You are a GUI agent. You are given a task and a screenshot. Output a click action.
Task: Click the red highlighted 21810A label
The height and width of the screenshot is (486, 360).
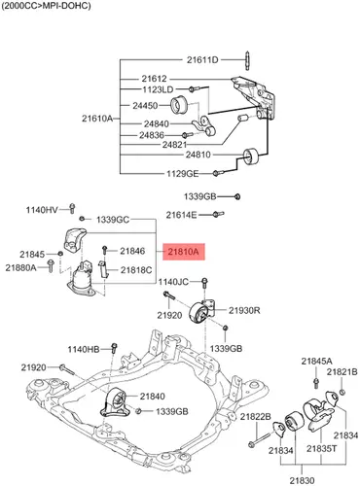pos(184,252)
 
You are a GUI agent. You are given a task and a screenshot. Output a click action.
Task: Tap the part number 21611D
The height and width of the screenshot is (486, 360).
pos(202,60)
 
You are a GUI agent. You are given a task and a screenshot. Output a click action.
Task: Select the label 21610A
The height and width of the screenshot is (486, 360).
pos(97,119)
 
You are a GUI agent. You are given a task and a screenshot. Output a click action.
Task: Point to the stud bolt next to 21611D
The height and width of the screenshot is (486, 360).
pos(247,60)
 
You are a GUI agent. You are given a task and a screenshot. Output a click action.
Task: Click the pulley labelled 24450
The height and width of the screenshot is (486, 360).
pos(179,105)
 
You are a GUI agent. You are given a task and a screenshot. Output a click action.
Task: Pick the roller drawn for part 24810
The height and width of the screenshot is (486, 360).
pos(251,156)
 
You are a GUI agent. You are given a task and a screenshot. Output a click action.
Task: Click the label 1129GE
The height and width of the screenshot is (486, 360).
pos(182,174)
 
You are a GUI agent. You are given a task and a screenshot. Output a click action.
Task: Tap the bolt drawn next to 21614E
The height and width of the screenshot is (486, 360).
pos(218,214)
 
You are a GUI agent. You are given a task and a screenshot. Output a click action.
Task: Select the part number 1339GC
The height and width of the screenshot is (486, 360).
pos(113,220)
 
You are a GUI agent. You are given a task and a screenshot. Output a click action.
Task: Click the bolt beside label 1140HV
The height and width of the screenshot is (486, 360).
pos(72,208)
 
